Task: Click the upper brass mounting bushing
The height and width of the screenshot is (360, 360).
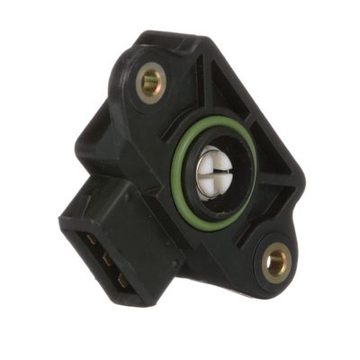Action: click(x=151, y=83)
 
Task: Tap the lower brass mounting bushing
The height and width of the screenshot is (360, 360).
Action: click(x=276, y=264)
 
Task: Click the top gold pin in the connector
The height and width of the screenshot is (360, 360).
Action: click(x=91, y=240)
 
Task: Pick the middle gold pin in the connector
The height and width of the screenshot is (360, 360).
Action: click(x=106, y=260)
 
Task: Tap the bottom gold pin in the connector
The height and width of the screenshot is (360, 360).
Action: click(x=122, y=280)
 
